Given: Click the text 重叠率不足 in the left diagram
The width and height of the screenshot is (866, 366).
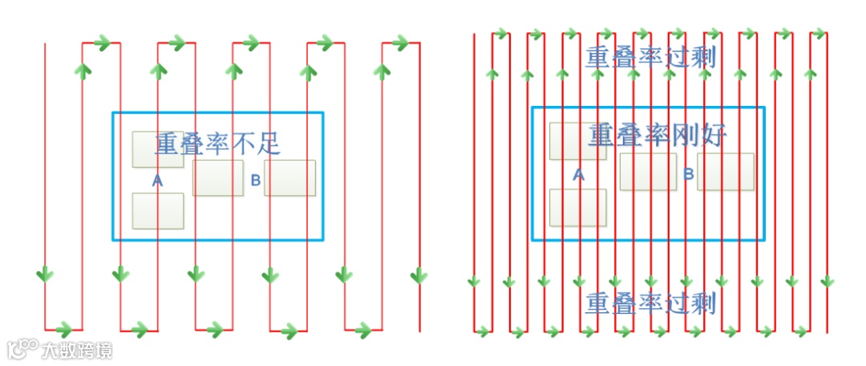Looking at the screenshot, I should click(x=217, y=144).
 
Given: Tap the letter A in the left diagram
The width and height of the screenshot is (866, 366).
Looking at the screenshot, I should click(x=157, y=181).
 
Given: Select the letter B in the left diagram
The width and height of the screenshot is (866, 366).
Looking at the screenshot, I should click(x=256, y=181).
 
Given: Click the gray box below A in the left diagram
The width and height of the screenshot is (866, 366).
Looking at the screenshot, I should click(x=158, y=211).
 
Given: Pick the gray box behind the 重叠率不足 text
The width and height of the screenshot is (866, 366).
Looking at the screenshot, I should click(x=157, y=149).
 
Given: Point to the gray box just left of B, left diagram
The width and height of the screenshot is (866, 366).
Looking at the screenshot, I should click(x=218, y=178).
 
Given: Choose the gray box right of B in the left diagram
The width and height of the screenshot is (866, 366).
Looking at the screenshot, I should click(x=289, y=178).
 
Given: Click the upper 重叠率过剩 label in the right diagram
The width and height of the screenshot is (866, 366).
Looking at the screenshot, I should click(x=650, y=57).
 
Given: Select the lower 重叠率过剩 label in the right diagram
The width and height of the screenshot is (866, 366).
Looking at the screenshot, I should click(x=650, y=303).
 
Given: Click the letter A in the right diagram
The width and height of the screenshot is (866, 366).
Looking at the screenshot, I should click(x=578, y=174).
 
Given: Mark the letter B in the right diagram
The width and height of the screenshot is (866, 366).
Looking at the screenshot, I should click(x=688, y=174).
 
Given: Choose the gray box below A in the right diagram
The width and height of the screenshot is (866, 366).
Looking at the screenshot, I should click(x=577, y=207).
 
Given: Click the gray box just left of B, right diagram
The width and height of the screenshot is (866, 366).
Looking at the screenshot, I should click(x=648, y=172).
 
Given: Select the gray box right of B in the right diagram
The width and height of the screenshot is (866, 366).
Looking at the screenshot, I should click(x=726, y=172).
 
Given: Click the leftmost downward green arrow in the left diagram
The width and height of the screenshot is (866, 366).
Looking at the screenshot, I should click(x=45, y=275).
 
